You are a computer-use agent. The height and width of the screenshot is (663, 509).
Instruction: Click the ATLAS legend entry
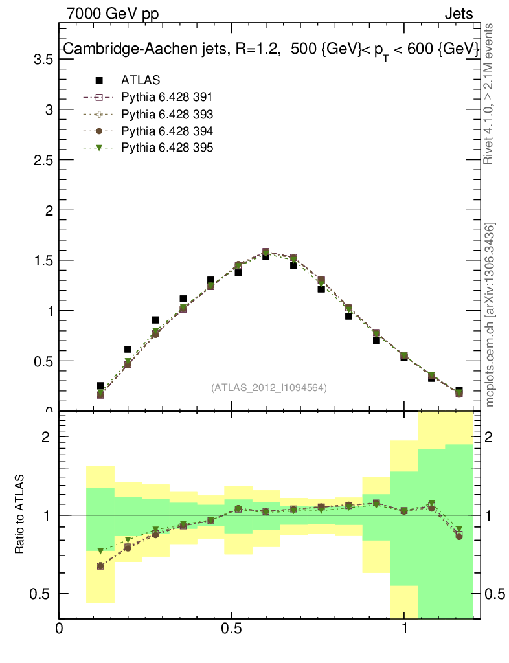click(x=140, y=80)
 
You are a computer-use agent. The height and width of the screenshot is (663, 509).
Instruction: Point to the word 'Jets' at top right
click(x=458, y=14)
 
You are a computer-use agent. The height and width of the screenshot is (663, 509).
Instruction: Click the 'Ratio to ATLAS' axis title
click(x=20, y=514)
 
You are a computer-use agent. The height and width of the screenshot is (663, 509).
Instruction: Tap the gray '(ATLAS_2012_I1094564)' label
click(x=268, y=388)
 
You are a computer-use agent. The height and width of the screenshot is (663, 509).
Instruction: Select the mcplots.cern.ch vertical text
click(x=490, y=315)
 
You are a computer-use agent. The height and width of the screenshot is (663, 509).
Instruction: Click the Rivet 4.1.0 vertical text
click(x=490, y=93)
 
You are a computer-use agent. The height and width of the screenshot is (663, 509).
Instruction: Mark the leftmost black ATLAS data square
click(x=100, y=386)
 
